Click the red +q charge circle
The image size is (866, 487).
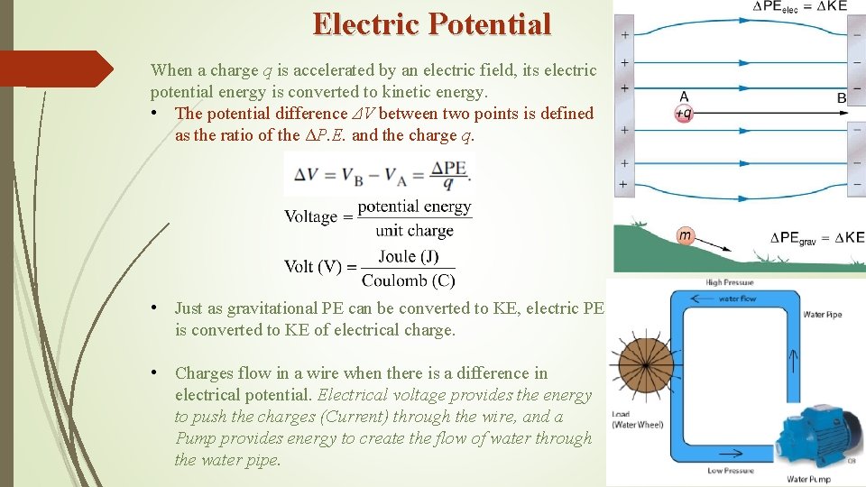point(683,114)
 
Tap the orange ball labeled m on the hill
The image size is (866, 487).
point(686,235)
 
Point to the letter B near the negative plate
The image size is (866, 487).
point(841,97)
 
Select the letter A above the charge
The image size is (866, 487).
point(684,96)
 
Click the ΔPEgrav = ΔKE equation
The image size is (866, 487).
point(817,238)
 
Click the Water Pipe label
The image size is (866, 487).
point(822,315)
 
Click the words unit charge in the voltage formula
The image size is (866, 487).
point(414,230)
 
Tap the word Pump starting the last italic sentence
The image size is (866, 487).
point(196,438)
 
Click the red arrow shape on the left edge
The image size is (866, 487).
point(56,69)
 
